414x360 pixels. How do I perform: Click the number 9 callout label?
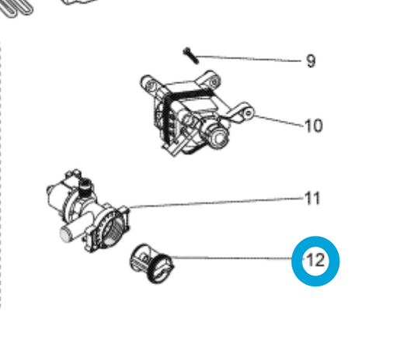(311, 61)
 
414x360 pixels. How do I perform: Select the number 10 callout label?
(313, 126)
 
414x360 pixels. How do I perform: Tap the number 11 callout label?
(312, 199)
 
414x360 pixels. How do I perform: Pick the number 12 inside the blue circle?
(315, 261)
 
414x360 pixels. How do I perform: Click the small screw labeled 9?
(190, 56)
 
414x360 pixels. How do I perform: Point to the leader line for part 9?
(249, 58)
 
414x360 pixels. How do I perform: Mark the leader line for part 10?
(279, 121)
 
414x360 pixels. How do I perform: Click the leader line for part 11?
(216, 202)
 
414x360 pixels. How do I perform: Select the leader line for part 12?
(233, 258)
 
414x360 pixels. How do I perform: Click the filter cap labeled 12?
(151, 263)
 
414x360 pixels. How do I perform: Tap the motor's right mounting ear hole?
(249, 113)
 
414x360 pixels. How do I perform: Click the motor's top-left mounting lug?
(150, 84)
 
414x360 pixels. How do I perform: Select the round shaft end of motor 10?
(218, 138)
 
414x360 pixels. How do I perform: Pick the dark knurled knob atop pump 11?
(85, 186)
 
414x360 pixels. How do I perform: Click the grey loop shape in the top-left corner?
(16, 9)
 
